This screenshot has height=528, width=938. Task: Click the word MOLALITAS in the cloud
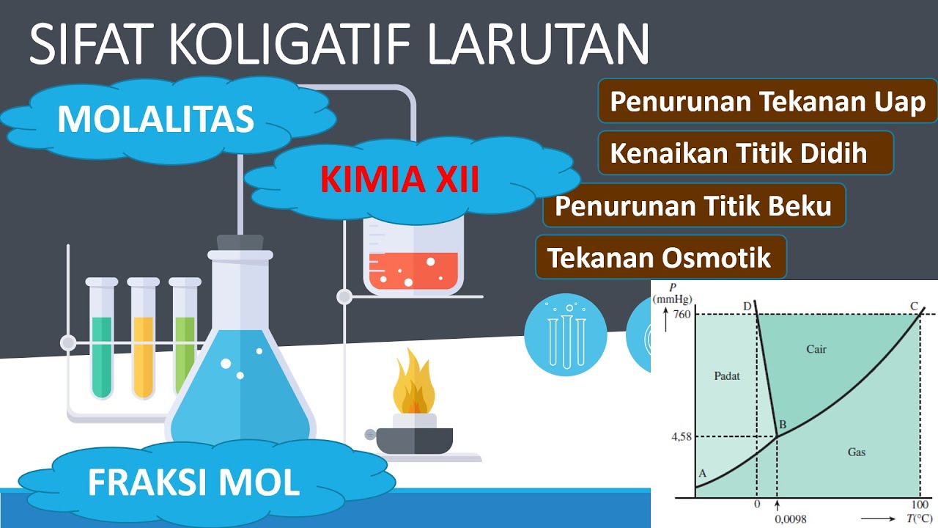click(155, 118)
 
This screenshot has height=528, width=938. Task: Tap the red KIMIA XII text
click(400, 179)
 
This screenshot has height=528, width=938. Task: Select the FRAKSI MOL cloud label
click(193, 482)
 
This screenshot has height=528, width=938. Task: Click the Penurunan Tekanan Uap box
click(767, 102)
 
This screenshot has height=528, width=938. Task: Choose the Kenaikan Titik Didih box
click(739, 153)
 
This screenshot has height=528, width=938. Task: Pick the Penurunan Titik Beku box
click(693, 205)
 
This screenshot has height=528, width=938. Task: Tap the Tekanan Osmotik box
click(660, 257)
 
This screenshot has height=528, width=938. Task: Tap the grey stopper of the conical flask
click(240, 243)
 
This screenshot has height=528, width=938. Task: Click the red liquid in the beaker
click(413, 271)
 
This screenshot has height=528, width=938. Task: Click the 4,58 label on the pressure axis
click(682, 437)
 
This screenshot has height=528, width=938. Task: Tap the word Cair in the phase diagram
click(816, 349)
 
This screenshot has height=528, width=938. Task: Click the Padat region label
click(727, 375)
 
